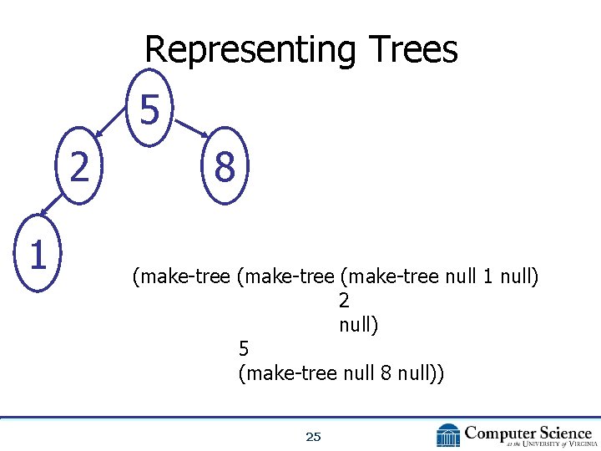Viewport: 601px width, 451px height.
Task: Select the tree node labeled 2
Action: [x=79, y=168]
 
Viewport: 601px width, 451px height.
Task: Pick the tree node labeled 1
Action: [x=37, y=255]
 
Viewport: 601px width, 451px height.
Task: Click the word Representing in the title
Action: [x=245, y=50]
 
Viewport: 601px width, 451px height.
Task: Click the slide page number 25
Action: [x=313, y=436]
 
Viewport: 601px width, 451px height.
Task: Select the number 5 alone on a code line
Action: [x=244, y=348]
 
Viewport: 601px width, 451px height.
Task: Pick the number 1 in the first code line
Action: [x=488, y=276]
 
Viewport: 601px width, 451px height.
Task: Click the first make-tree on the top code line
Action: [x=180, y=276]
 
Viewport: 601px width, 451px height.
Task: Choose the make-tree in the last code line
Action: [x=289, y=373]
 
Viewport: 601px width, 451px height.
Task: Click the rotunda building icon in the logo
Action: [x=448, y=435]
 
